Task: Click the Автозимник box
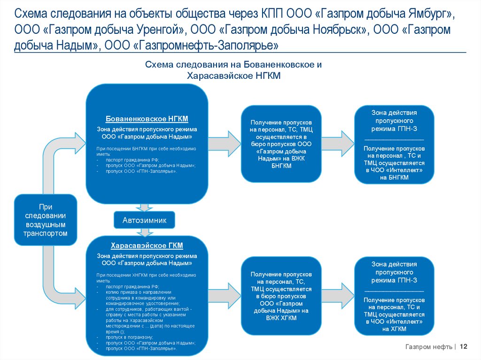point(144,220)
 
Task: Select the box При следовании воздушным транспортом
point(46,220)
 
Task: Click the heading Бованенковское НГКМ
point(147,119)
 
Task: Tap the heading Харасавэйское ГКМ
point(147,245)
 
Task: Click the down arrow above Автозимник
point(144,207)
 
